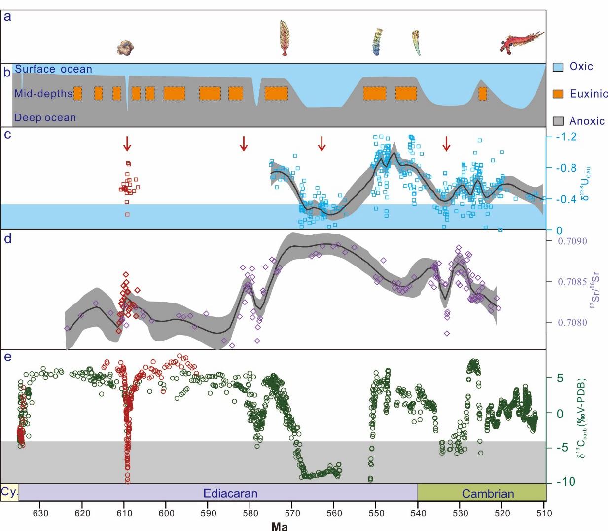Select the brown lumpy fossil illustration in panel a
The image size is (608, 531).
(x=126, y=47)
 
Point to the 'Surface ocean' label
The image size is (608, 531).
(x=53, y=69)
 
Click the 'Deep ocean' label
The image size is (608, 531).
(x=45, y=118)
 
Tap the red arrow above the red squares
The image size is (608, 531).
(x=127, y=144)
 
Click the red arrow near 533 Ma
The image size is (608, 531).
(x=446, y=144)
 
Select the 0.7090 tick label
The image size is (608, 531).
(x=572, y=241)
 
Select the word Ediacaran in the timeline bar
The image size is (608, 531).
(x=230, y=493)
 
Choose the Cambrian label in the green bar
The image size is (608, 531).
(x=488, y=493)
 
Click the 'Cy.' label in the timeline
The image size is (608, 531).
(x=9, y=492)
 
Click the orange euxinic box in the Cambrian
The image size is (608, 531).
(x=483, y=93)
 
